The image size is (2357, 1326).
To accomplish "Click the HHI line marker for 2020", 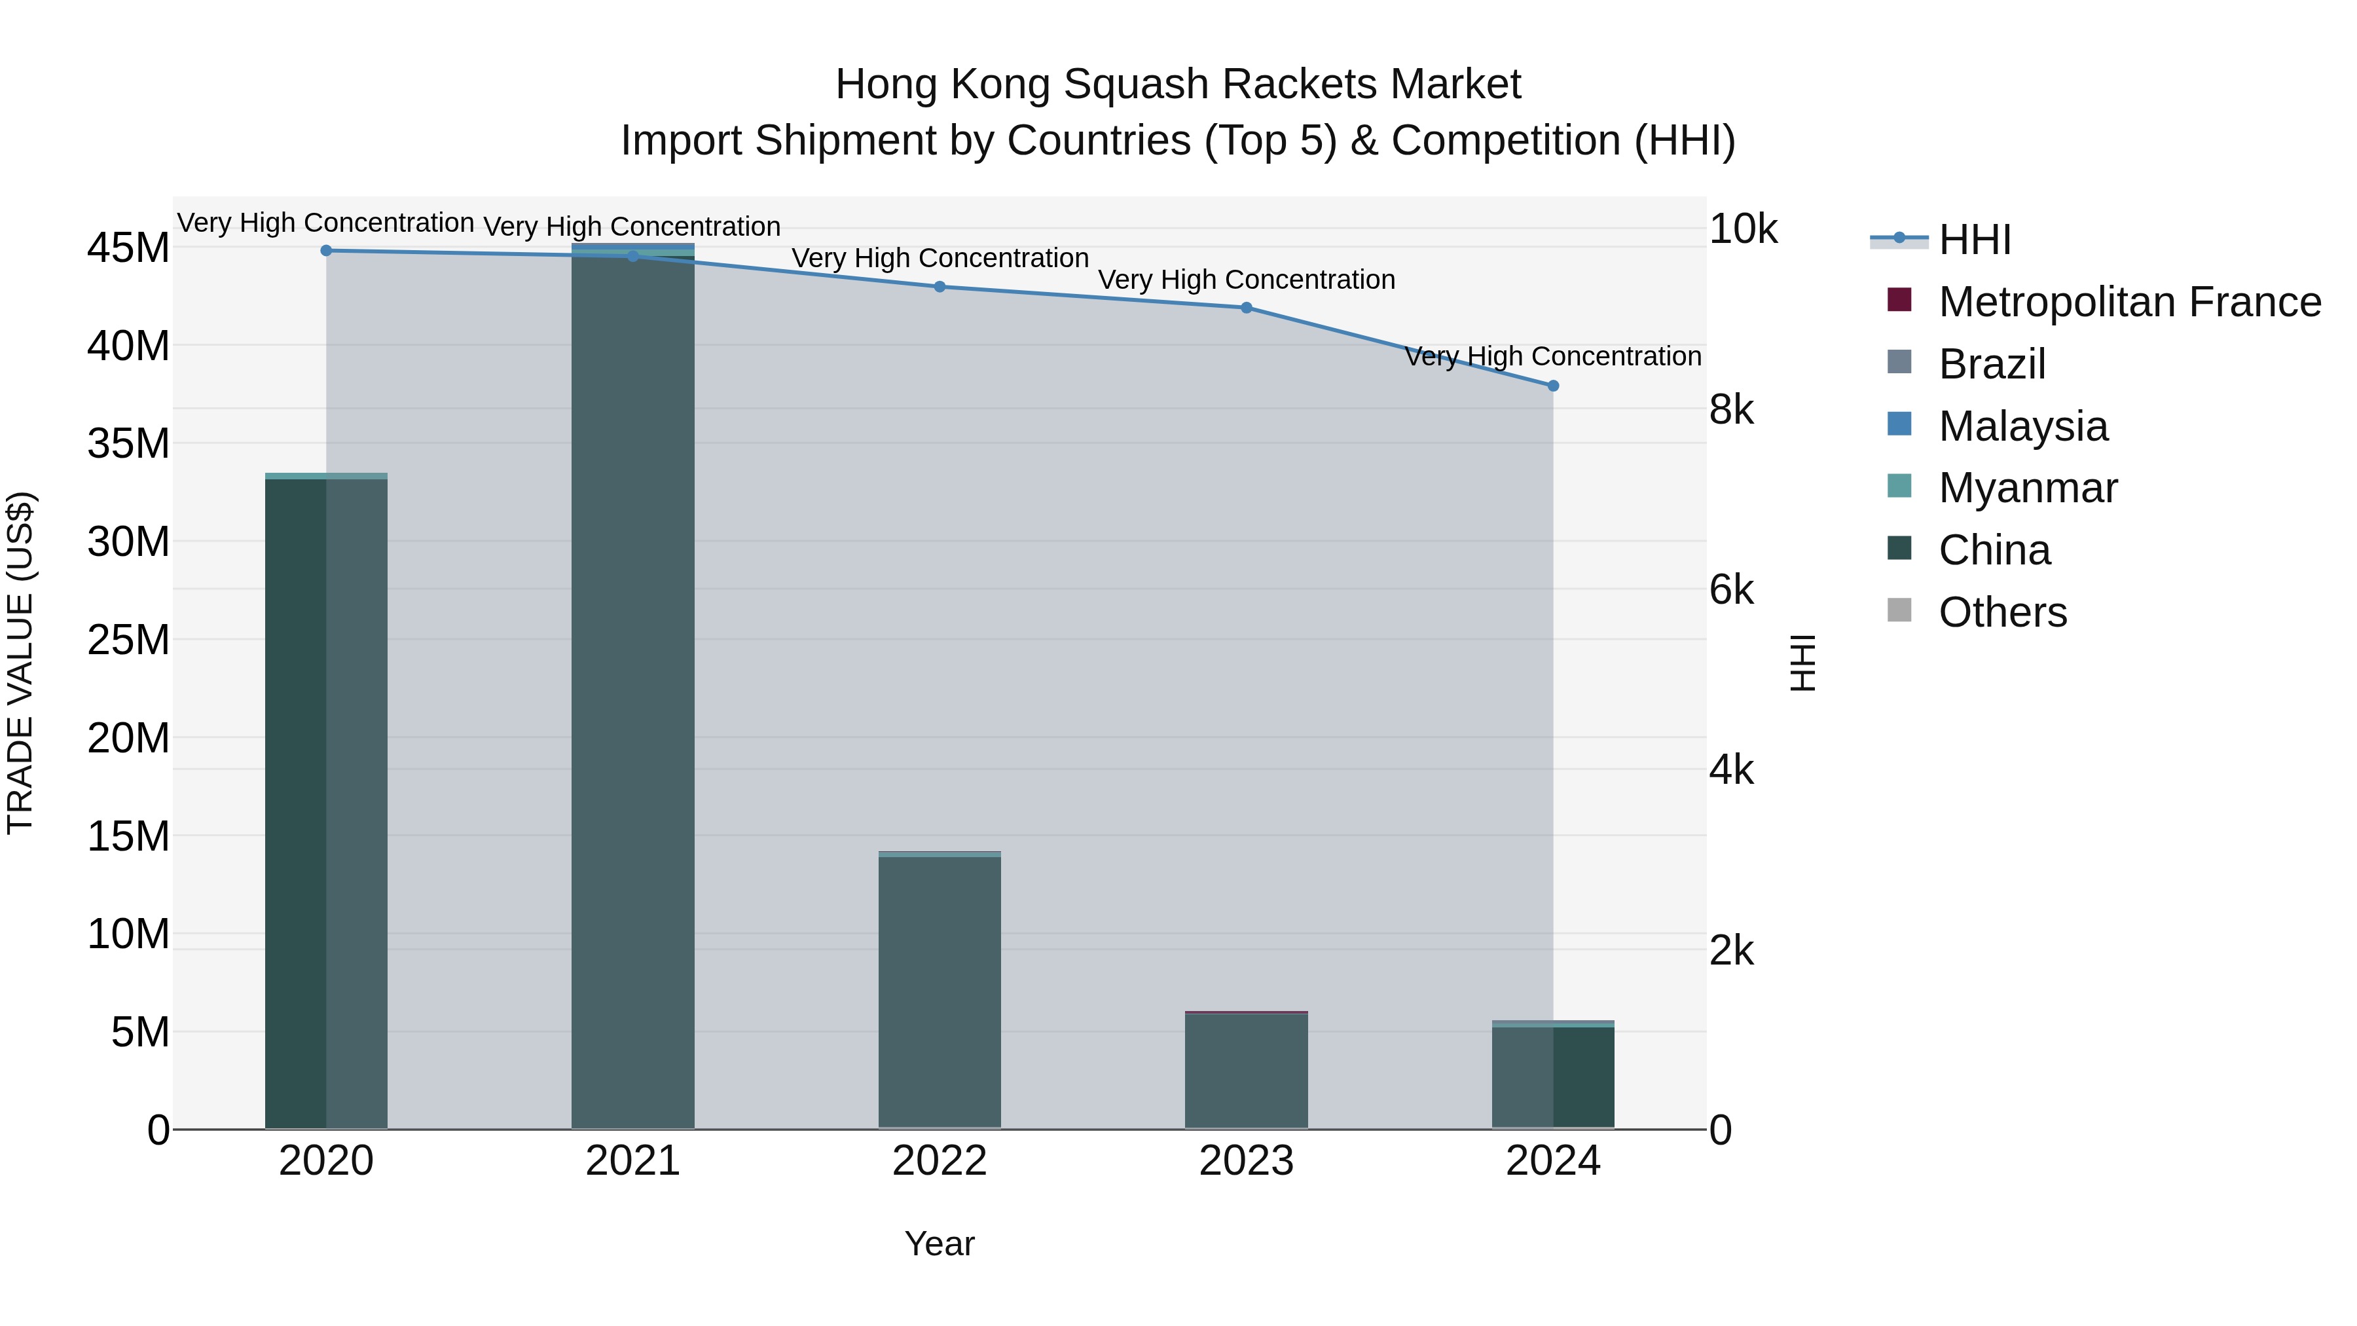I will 326,251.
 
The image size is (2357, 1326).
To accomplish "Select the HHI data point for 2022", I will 939,286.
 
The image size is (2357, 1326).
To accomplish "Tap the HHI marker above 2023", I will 1246,308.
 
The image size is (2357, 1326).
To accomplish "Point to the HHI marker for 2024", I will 1553,386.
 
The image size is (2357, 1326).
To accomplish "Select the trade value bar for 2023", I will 1246,1071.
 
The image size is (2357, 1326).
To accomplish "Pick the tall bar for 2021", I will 632,686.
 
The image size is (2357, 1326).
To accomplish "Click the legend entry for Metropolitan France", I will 2129,302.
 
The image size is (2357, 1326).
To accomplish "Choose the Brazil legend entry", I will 1992,364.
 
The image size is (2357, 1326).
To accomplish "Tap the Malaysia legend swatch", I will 1899,424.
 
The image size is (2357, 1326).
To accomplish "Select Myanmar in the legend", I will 2028,488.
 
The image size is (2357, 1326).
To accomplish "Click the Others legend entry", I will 2002,612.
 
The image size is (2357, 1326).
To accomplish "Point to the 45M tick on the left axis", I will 128,248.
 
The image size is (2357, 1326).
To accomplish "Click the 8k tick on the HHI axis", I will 1731,410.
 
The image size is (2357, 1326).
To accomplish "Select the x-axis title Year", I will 939,1243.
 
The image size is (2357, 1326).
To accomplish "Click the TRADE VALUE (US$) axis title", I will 21,663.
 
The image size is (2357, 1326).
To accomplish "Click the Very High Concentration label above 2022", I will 940,258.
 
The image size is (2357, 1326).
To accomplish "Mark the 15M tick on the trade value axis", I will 128,836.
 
